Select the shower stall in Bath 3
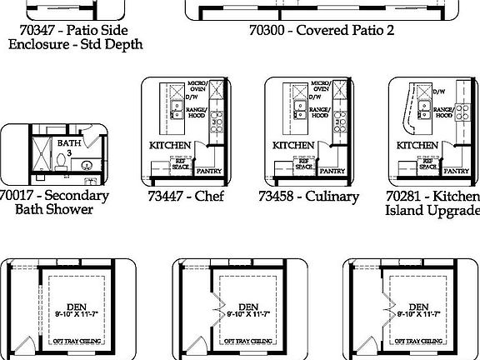coord(39,156)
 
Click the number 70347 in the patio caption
coord(38,29)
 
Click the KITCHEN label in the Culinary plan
coord(294,145)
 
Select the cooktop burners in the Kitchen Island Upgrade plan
coord(457,124)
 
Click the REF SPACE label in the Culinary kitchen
coord(303,165)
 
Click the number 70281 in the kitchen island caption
coord(407,196)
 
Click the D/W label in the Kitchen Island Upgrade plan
coord(439,92)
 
